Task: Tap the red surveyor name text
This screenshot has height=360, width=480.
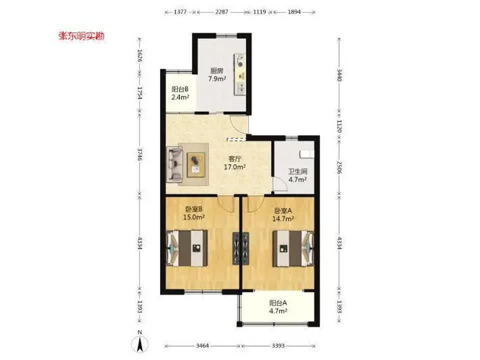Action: pos(81,36)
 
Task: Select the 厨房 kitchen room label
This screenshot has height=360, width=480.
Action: pos(216,71)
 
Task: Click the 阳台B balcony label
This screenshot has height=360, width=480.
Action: pos(179,89)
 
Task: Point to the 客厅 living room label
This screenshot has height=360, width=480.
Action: pos(235,159)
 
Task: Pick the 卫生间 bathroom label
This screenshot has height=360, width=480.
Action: pos(297,171)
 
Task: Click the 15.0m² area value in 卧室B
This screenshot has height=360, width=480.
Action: pos(194,217)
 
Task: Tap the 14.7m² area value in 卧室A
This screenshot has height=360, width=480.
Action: pos(283,218)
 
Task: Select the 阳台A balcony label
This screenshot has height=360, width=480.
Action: pos(278,303)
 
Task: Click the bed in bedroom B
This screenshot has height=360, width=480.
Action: pos(186,247)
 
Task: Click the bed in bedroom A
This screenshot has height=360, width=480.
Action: pos(293,248)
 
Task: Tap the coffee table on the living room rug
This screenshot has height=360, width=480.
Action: pos(196,164)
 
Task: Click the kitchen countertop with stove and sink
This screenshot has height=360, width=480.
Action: pos(240,74)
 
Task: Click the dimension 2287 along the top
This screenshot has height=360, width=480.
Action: pos(221,12)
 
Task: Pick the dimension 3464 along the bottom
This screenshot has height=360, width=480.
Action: pos(202,345)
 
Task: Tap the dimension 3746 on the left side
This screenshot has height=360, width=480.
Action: pos(140,154)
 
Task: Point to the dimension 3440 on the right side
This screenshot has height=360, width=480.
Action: pos(339,75)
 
